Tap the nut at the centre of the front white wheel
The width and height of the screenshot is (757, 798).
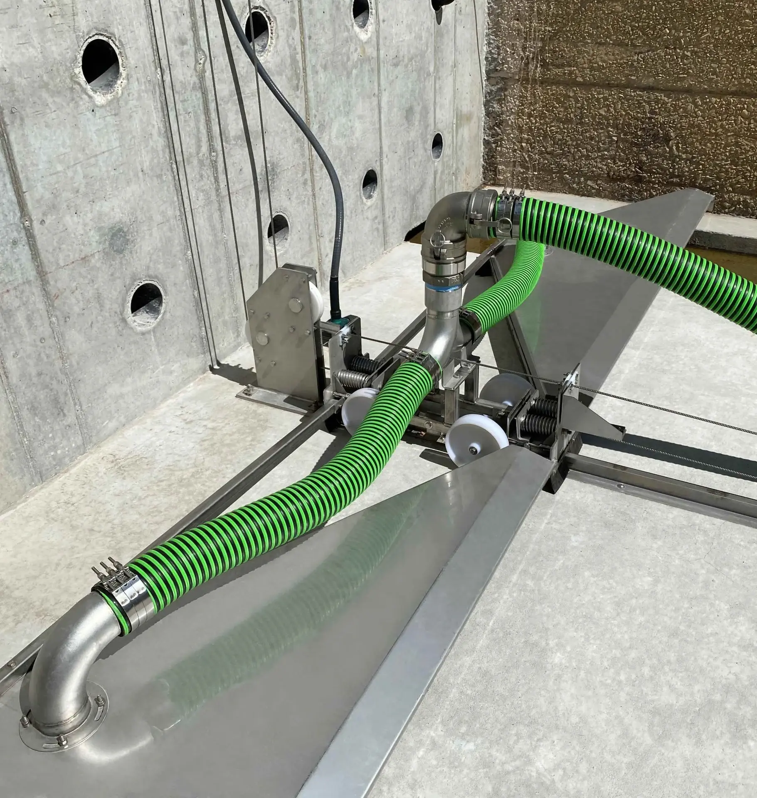click(x=473, y=450)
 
